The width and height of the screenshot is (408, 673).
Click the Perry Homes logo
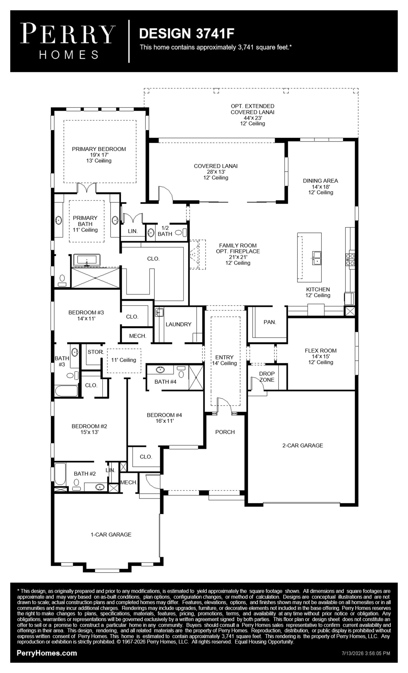[x=68, y=41]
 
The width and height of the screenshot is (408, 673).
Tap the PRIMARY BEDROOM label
[x=99, y=149]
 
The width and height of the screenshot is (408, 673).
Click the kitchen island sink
[x=317, y=258]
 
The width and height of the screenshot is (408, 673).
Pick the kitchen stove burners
[x=350, y=260]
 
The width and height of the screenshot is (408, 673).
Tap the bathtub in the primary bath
[x=86, y=260]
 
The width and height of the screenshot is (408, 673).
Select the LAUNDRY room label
[x=178, y=324]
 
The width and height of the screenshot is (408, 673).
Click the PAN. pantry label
[x=270, y=322]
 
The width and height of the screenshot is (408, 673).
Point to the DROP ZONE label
[x=267, y=377]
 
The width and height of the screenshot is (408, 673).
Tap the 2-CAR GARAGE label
[x=303, y=445]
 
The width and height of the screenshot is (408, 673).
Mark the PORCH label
[x=225, y=432]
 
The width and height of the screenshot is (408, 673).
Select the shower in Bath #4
[x=196, y=377]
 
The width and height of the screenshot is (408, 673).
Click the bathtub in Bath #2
[x=60, y=474]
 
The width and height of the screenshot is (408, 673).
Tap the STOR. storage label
[x=96, y=352]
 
